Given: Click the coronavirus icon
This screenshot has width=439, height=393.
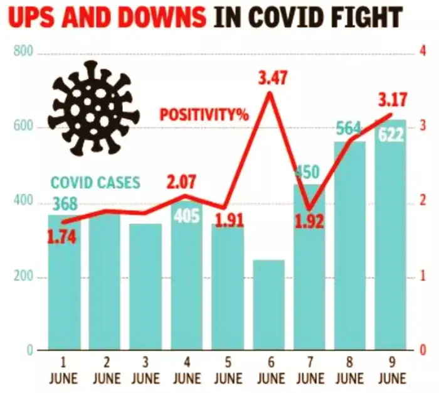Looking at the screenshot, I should point(94,107).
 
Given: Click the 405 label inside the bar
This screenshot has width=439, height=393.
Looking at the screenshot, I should point(187,215).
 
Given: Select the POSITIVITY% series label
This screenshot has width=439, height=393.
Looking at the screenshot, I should point(204,115).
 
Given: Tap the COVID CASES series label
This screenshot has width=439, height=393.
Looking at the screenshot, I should point(95,183).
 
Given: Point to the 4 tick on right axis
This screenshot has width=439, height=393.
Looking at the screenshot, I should point(421,53).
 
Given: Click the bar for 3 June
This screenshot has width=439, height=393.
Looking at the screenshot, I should point(146,286).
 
